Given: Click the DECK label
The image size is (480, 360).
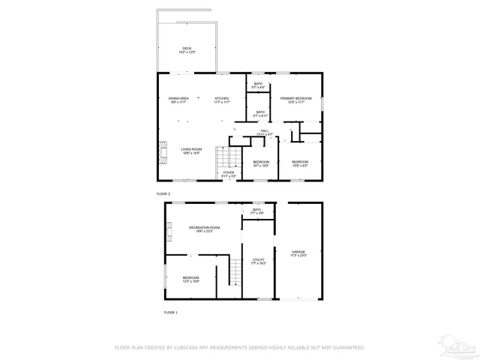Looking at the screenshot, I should click(187, 49).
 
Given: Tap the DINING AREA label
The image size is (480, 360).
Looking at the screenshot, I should click(178, 99).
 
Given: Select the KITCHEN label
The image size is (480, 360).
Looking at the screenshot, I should click(222, 99).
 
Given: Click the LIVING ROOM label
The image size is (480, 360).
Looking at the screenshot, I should click(190, 150).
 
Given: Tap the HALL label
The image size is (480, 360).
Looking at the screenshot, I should click(265, 131).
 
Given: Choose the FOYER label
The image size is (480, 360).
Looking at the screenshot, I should click(229, 172).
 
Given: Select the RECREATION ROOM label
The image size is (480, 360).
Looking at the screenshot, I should click(204, 227).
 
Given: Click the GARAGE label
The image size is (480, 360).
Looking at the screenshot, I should click(298, 252).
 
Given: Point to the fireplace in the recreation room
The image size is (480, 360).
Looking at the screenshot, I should click(169, 232).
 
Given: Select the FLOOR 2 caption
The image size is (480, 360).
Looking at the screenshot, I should click(163, 193).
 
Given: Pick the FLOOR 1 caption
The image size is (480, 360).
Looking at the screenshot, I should click(170, 311).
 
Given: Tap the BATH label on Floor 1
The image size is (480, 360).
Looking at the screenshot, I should click(257, 210).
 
